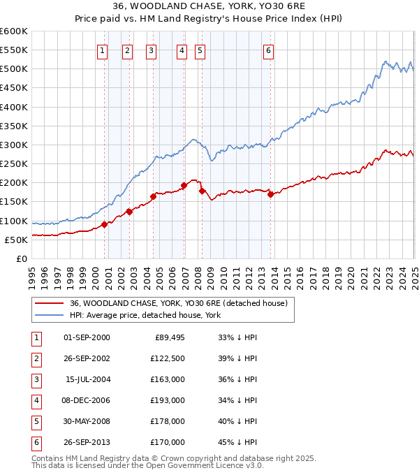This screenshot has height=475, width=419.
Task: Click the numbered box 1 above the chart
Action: (102, 50)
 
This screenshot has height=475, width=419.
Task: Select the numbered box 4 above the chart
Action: (182, 50)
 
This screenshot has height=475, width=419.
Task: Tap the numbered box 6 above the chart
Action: (268, 50)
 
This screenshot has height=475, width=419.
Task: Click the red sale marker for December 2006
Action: (184, 185)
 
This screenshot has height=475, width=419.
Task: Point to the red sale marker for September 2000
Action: (104, 224)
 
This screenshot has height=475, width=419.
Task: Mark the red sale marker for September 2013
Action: (270, 194)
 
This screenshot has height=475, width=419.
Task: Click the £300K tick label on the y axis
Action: (14, 145)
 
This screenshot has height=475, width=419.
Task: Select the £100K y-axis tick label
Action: (14, 221)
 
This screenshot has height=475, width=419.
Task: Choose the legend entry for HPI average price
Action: (145, 316)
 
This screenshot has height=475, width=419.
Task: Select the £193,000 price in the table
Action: (170, 400)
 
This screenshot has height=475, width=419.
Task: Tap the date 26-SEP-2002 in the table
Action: (87, 358)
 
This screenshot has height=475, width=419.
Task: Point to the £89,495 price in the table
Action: (170, 337)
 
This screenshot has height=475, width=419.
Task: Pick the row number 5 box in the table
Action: (36, 421)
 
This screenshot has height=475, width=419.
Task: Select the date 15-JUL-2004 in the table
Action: (87, 379)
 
